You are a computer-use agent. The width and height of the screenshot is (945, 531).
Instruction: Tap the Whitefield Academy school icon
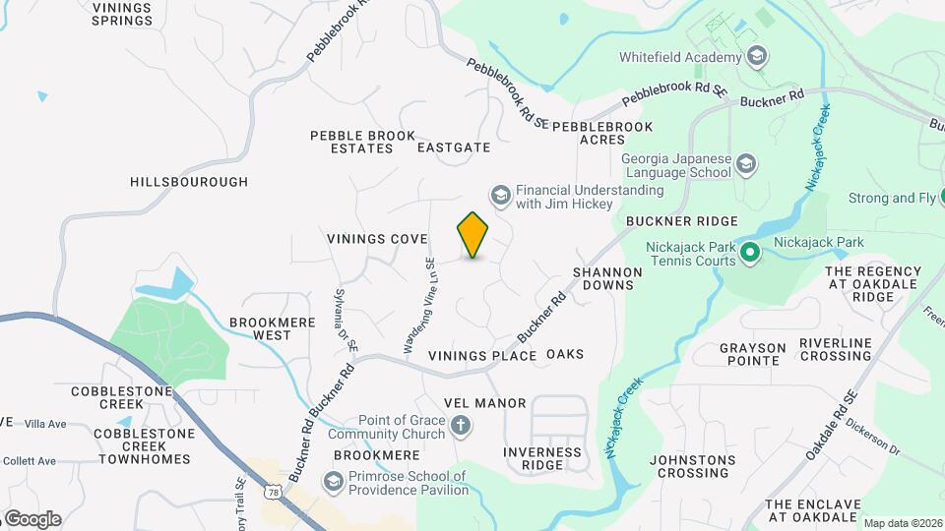pos(756,56)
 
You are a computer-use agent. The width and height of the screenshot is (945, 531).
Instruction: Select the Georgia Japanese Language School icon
pos(746,164)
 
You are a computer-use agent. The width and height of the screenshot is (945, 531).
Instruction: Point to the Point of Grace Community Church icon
pos(460,427)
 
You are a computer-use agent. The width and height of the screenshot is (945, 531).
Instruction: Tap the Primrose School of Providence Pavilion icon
pos(334,482)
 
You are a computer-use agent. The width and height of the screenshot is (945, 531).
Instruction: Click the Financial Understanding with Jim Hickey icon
pos(501,197)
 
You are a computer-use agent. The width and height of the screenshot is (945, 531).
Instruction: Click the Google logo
pos(31,518)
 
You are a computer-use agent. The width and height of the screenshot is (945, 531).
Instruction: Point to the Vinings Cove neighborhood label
pos(377,239)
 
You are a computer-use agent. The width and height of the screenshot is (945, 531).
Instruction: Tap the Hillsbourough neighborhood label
pos(189,182)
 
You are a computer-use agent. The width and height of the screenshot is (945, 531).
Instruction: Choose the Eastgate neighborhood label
pos(453,147)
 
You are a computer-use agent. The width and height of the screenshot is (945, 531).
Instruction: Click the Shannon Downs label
pos(607,278)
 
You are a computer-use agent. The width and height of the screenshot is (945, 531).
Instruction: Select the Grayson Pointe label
pos(753,354)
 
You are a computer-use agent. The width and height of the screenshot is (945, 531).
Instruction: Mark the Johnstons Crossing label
pos(693,466)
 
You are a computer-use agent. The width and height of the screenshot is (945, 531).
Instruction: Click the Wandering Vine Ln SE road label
pos(420,305)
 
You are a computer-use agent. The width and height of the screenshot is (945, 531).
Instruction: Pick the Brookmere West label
pos(260,328)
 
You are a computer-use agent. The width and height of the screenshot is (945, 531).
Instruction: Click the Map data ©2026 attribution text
pos(903,522)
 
